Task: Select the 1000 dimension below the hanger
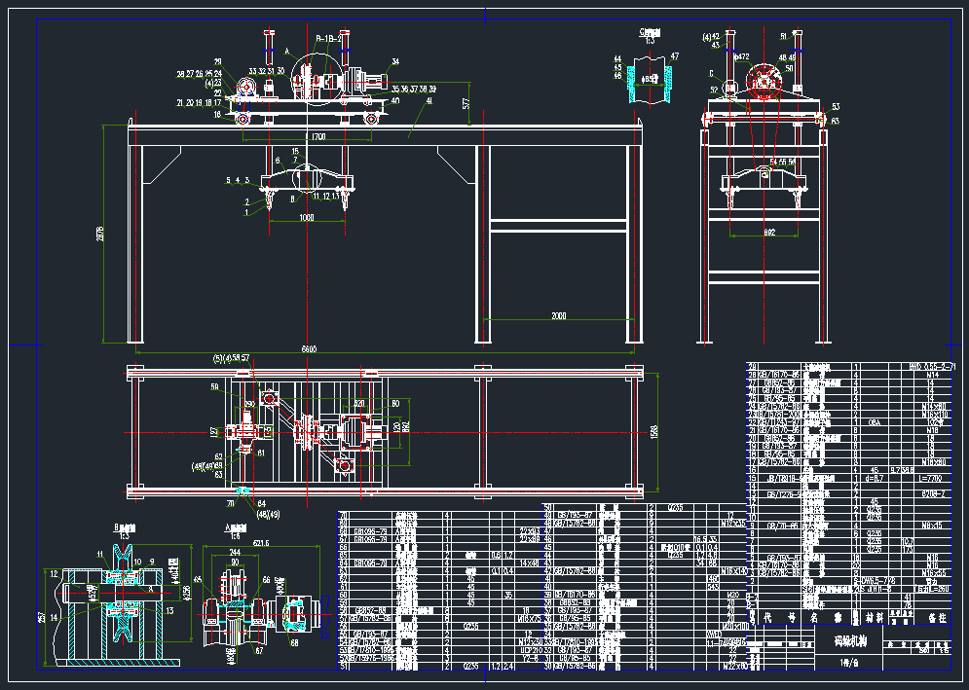(x=307, y=217)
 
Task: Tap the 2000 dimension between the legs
(x=558, y=315)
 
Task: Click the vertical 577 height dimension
(x=466, y=102)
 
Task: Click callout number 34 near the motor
(x=395, y=61)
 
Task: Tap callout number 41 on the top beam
(x=429, y=100)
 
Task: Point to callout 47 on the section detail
(x=675, y=56)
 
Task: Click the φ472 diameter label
(x=742, y=57)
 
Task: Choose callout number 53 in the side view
(x=836, y=106)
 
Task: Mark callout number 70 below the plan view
(x=230, y=504)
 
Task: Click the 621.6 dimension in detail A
(x=260, y=543)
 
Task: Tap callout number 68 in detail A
(x=295, y=641)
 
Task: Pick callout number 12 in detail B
(x=55, y=574)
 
